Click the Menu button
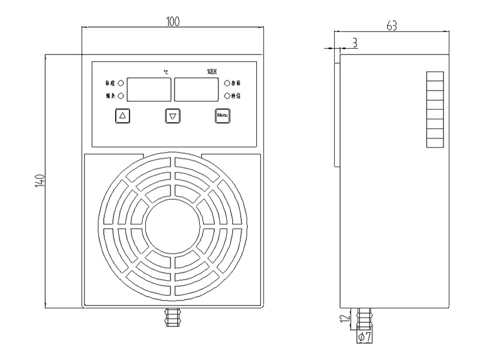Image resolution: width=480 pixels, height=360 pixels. click(x=223, y=115)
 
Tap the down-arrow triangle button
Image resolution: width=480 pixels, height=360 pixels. click(x=173, y=116)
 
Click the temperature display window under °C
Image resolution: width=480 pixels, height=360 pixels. click(x=149, y=89)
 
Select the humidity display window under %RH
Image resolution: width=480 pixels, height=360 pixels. click(x=196, y=89)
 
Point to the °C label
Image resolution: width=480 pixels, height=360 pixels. click(x=166, y=73)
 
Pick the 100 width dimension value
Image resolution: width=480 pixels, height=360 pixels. click(x=173, y=22)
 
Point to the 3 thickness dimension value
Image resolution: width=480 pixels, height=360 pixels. click(x=355, y=42)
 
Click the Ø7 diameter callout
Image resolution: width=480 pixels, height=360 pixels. click(x=365, y=338)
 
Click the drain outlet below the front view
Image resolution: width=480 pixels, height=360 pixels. click(x=173, y=317)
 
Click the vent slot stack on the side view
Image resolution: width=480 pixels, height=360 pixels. click(x=435, y=110)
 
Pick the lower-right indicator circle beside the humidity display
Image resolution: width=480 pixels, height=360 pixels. click(x=227, y=95)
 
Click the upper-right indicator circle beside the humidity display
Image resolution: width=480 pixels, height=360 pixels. click(x=227, y=83)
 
